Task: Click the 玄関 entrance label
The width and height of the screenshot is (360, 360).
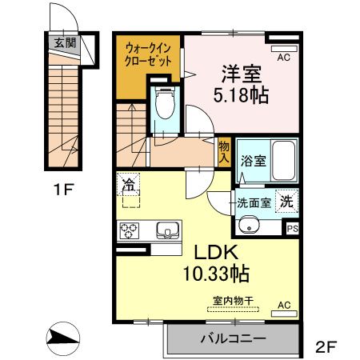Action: [x=66, y=43]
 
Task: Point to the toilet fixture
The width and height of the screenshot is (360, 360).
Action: [x=165, y=102]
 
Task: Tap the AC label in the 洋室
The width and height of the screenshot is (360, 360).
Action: [x=283, y=58]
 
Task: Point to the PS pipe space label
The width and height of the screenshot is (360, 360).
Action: [x=293, y=230]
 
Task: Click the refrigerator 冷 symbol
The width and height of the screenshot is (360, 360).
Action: [x=130, y=185]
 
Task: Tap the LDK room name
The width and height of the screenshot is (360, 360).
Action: [x=210, y=251]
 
